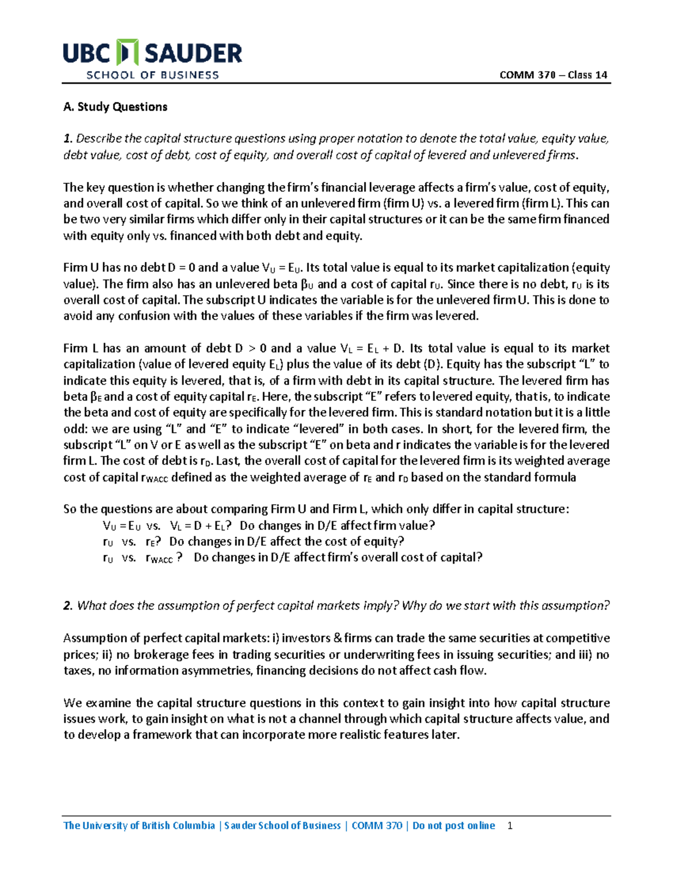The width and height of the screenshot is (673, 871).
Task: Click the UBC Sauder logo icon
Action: click(x=127, y=53)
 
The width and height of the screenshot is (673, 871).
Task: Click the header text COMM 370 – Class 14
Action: click(x=553, y=75)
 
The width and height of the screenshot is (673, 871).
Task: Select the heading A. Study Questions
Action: click(x=116, y=107)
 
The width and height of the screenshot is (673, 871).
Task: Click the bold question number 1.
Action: click(x=68, y=139)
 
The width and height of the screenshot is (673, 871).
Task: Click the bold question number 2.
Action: click(x=68, y=606)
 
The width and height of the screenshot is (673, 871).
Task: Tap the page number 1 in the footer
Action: click(x=509, y=826)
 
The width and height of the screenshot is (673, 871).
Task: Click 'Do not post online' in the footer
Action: click(x=454, y=826)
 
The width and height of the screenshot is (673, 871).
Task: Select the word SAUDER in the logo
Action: click(x=193, y=54)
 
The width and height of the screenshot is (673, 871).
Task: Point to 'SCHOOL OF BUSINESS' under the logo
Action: click(x=152, y=75)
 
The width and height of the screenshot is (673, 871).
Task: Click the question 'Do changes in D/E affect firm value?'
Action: click(x=337, y=526)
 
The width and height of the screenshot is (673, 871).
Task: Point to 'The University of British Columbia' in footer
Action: click(x=139, y=826)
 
